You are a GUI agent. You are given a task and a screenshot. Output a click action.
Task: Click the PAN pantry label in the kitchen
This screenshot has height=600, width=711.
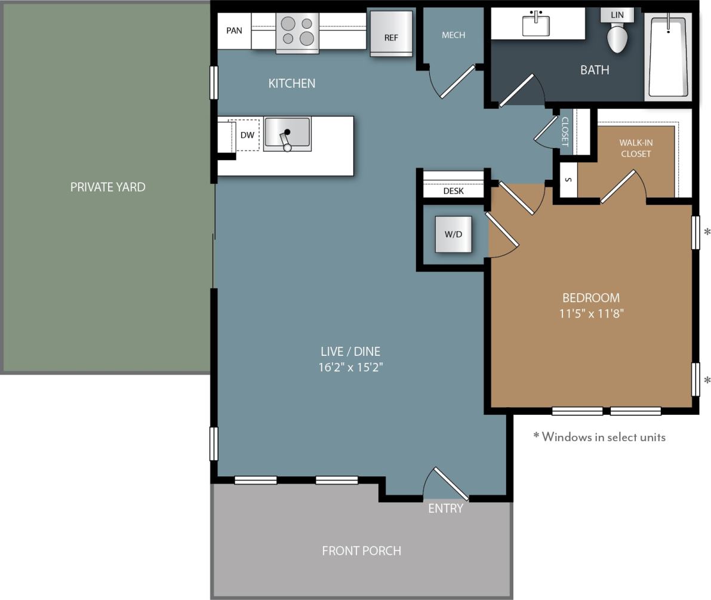234,30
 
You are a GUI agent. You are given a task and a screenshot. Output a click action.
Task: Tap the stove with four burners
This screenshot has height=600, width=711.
297,32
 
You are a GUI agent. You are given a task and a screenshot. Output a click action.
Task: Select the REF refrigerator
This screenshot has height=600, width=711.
391,35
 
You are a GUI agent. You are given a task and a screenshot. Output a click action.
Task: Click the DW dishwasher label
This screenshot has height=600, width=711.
247,136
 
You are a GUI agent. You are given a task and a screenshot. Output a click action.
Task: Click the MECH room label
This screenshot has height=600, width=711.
453,35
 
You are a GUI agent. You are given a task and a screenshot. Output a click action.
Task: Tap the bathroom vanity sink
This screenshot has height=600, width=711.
535,24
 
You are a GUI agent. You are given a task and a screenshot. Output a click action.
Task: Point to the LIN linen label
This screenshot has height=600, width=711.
617,15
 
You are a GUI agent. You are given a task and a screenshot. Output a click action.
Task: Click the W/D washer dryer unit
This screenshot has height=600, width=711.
453,234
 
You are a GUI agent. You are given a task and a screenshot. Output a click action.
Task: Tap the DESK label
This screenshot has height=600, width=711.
453,191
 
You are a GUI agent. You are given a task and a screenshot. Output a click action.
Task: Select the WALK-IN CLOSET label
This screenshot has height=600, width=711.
635,148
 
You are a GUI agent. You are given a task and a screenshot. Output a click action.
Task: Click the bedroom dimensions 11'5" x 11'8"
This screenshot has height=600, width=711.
591,313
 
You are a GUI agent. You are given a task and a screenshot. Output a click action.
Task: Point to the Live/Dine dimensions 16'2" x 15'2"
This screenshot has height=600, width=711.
350,367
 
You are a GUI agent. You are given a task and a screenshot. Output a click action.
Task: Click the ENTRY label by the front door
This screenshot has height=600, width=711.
445,509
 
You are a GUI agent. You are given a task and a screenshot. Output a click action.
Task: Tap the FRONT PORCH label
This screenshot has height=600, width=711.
361,550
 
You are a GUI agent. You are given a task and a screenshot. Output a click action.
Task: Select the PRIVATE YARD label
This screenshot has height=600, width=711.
107,187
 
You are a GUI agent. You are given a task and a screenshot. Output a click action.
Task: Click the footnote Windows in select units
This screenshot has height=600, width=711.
599,437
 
